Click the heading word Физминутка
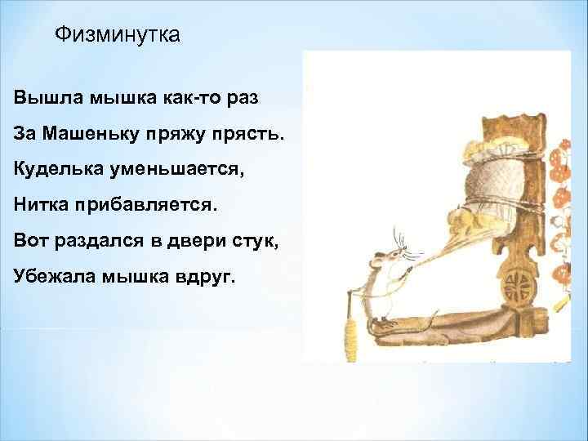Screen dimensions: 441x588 click(116, 35)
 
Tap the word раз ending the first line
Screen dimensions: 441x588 click(240, 98)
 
